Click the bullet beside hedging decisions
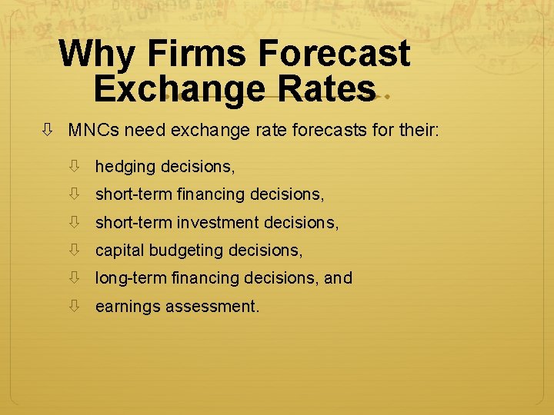(75, 166)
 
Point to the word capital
(119, 251)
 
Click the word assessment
(212, 307)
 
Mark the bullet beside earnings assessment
(75, 306)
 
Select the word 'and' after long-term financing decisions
(338, 278)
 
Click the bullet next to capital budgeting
(75, 250)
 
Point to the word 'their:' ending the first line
(419, 131)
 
